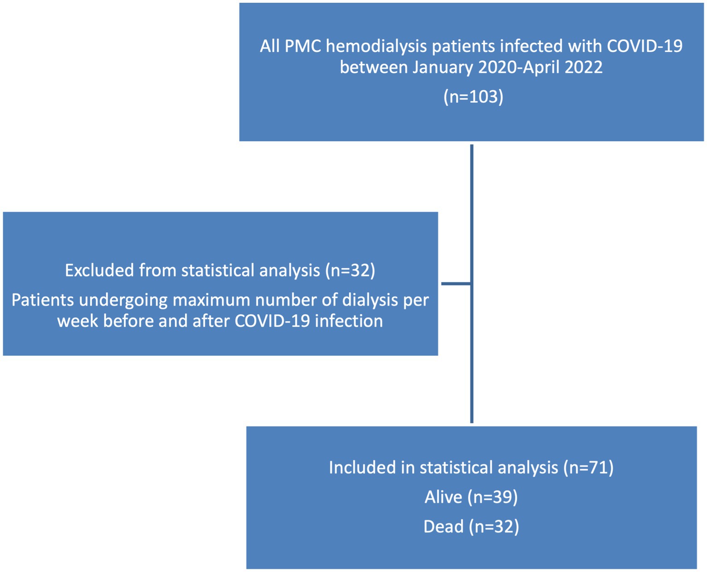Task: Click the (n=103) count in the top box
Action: (x=473, y=97)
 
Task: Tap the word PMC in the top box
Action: (x=303, y=46)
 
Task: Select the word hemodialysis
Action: (x=376, y=46)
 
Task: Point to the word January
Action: (x=443, y=68)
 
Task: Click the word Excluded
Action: (x=99, y=270)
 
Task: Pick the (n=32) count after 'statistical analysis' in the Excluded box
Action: (x=350, y=271)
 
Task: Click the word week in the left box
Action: (x=77, y=321)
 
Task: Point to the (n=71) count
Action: (x=589, y=468)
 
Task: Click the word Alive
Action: (x=443, y=497)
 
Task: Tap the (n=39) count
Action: (x=492, y=498)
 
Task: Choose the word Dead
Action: (x=444, y=527)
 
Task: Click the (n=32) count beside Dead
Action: (x=494, y=527)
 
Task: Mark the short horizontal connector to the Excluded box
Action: (x=456, y=283)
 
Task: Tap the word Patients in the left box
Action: (x=43, y=300)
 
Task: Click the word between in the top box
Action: (x=374, y=67)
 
